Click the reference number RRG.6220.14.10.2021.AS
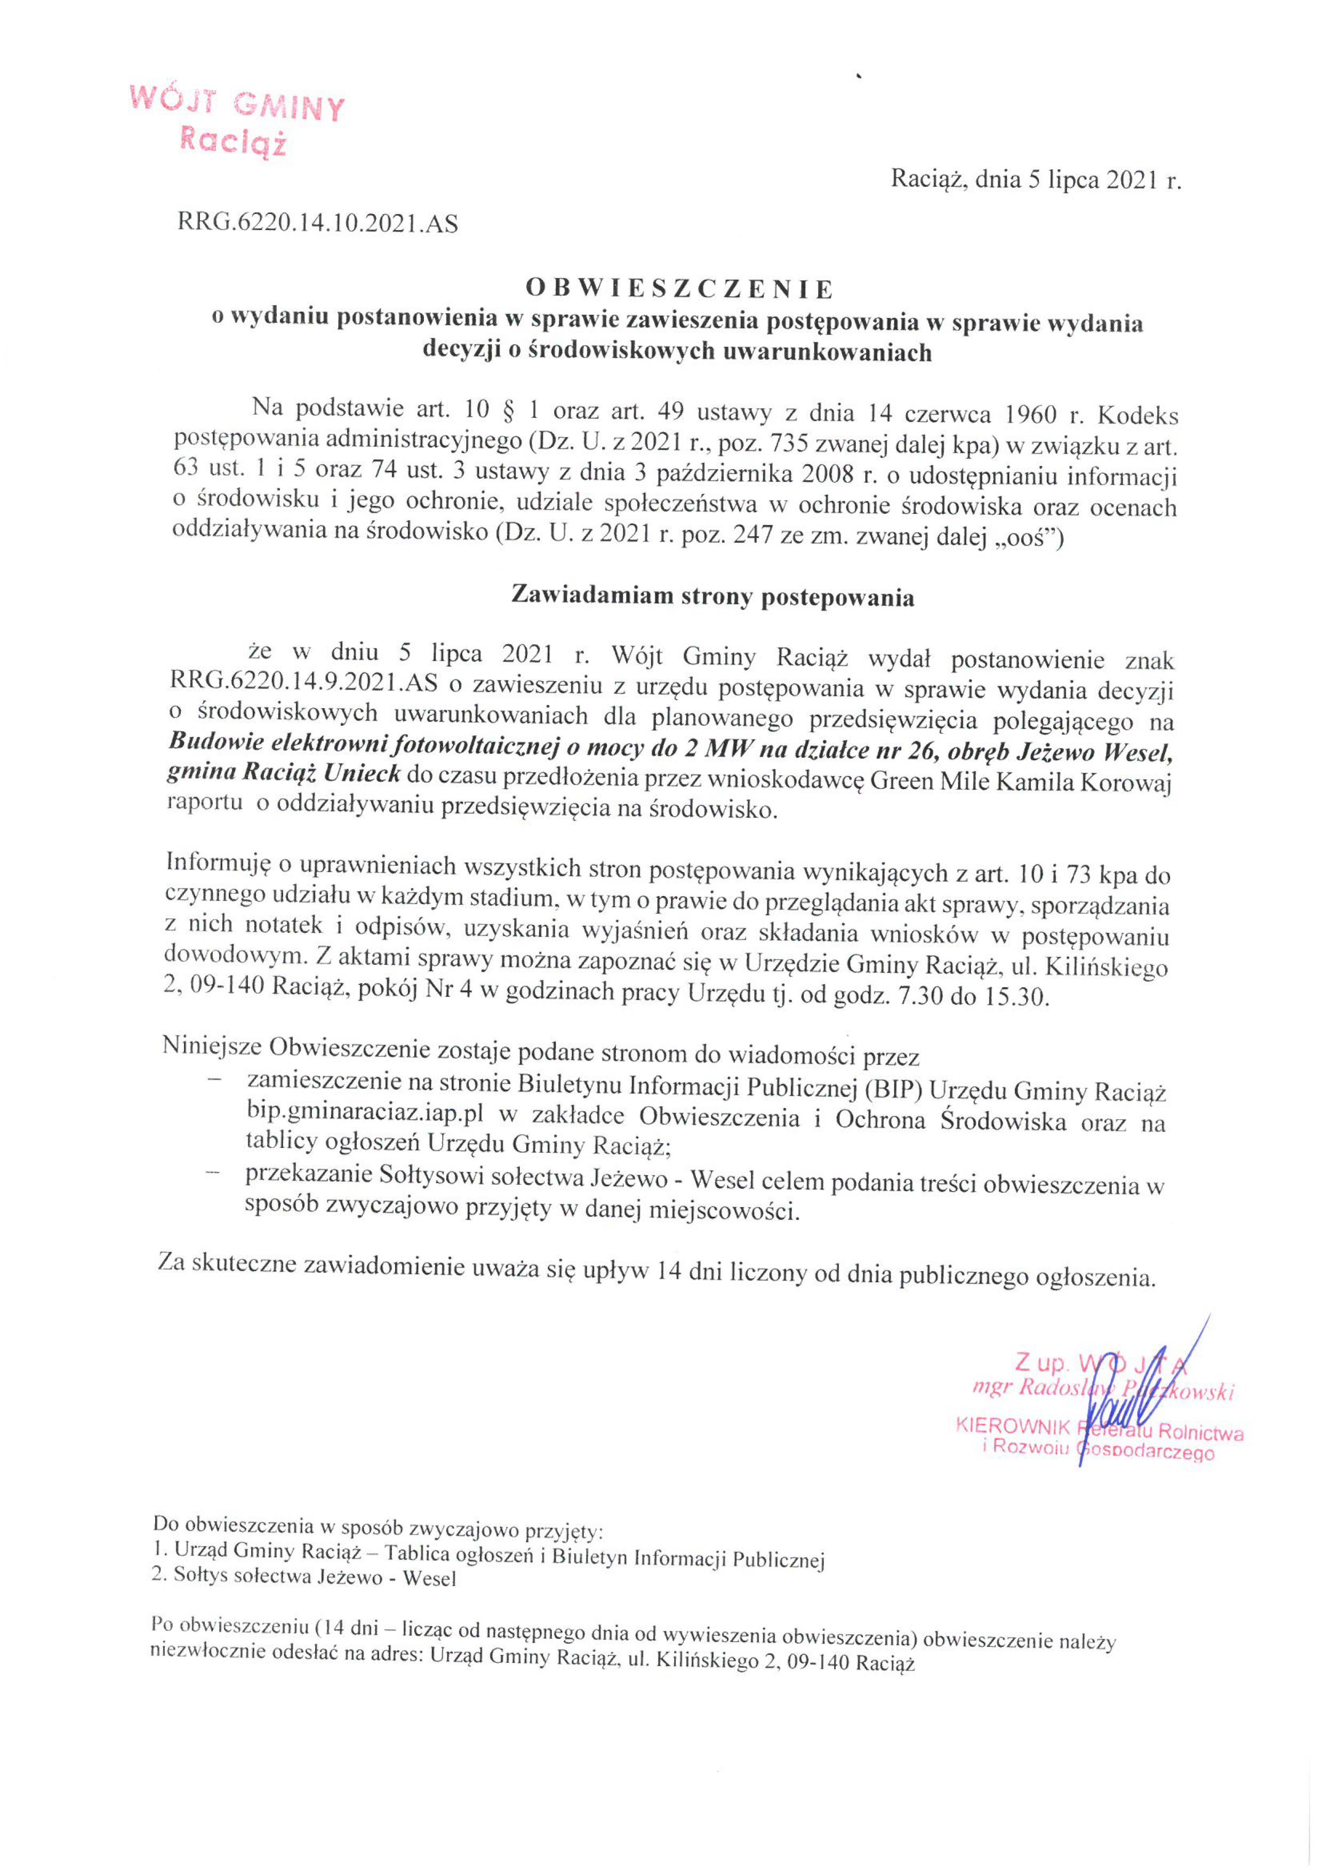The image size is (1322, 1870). tap(317, 223)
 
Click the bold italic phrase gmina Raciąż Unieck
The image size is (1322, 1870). tap(284, 774)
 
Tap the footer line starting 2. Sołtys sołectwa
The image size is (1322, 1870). tap(303, 1578)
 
